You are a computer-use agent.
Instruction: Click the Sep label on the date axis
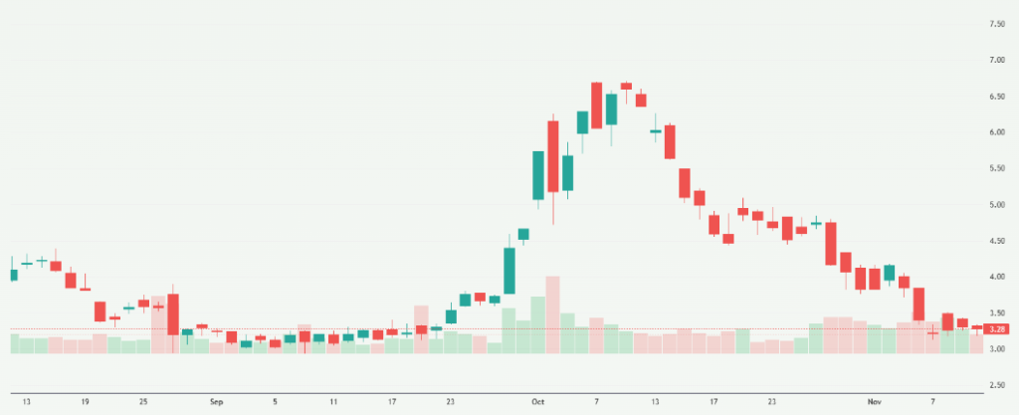(x=217, y=402)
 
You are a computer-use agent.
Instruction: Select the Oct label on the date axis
(x=538, y=402)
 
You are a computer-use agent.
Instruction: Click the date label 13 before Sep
(x=26, y=402)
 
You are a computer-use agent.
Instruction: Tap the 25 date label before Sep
(x=143, y=402)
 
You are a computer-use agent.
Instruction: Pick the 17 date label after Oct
(x=713, y=402)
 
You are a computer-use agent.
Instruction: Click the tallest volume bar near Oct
(x=553, y=314)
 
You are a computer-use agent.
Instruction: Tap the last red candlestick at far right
(x=977, y=327)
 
